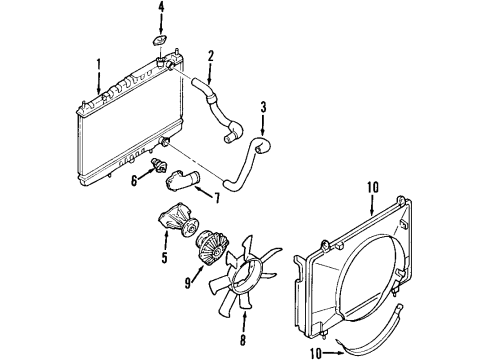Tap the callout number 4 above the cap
click(x=161, y=8)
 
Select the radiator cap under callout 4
click(x=160, y=41)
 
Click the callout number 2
click(x=210, y=56)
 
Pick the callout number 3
click(x=263, y=108)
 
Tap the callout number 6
click(x=134, y=181)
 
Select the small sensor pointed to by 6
click(x=159, y=165)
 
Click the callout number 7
click(x=217, y=198)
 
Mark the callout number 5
click(x=164, y=257)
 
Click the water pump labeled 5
click(x=177, y=220)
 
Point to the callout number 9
click(x=188, y=283)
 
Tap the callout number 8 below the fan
click(x=243, y=340)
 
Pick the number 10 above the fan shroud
click(x=373, y=187)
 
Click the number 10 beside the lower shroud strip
click(x=316, y=353)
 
